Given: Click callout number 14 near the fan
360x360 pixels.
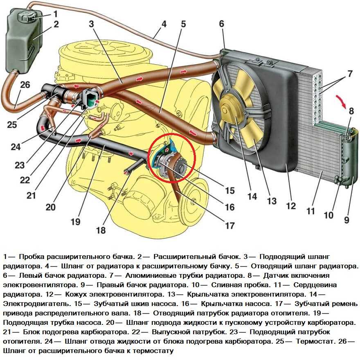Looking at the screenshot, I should click(x=252, y=196).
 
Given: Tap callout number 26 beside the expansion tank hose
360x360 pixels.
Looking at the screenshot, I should click(x=25, y=85).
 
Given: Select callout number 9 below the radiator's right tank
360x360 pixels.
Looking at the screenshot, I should click(x=346, y=220).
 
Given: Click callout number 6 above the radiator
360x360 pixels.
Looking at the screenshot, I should click(x=221, y=24).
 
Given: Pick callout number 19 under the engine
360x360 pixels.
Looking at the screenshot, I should click(x=75, y=222).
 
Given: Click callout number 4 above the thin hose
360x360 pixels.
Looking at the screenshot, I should click(x=163, y=23).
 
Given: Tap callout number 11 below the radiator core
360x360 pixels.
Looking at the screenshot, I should click(x=311, y=211).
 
